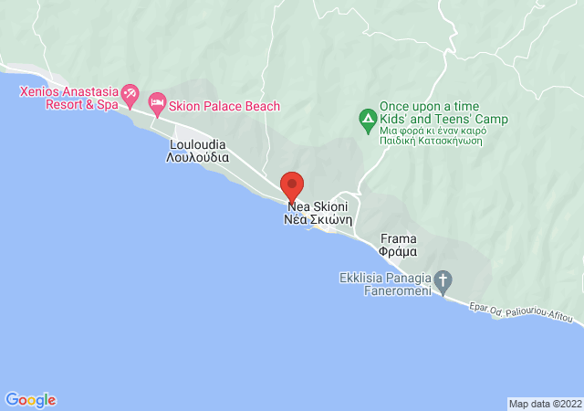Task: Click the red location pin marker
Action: point(292,185)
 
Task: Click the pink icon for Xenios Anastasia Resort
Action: point(130,92)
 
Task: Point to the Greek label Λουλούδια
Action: point(199,158)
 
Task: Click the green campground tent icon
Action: point(367,119)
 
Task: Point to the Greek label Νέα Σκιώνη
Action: point(318,220)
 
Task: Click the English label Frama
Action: point(399,238)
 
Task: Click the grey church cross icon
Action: point(443,280)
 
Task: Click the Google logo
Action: point(30,400)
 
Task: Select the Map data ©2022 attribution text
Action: point(544,404)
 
